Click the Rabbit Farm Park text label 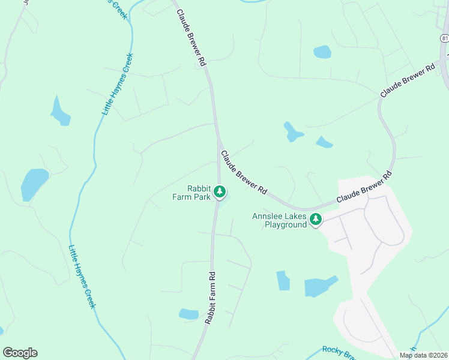199,192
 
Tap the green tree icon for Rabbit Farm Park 220,192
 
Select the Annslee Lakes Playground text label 279,220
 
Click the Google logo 20,353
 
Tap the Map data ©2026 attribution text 423,355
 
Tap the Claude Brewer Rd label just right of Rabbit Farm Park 244,173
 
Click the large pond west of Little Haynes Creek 34,184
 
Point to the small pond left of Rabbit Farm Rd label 188,314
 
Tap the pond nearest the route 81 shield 322,52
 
